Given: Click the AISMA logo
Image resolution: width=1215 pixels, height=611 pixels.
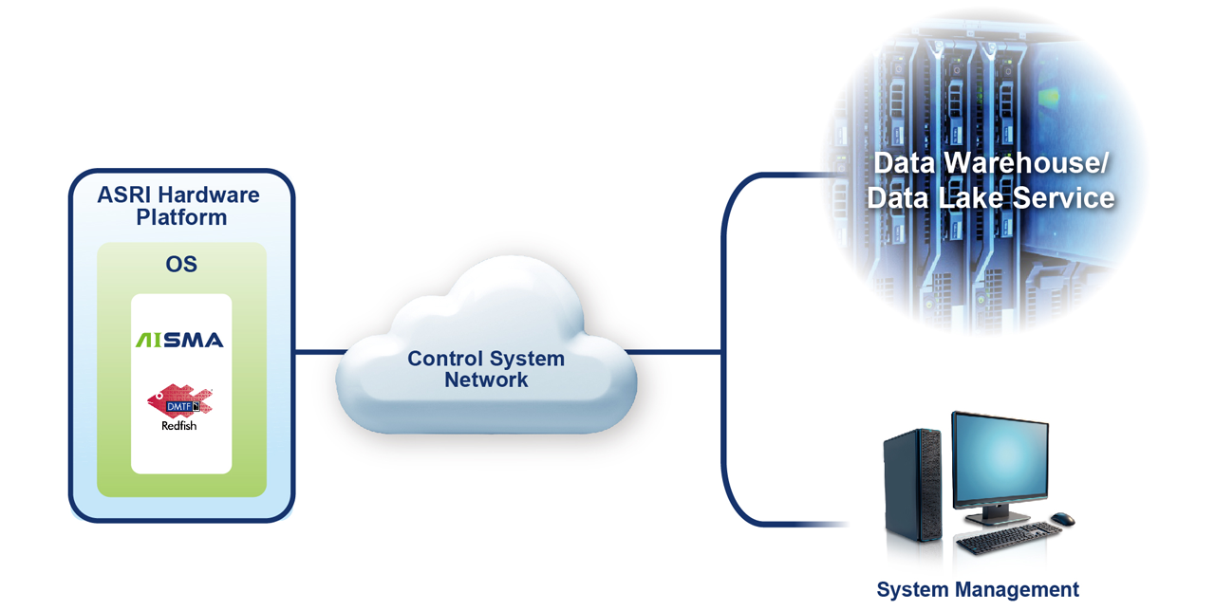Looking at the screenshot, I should (179, 340).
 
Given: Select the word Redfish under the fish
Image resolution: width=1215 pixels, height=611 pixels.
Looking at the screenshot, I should (179, 426).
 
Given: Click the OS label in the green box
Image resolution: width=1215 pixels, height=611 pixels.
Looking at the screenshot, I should (181, 264).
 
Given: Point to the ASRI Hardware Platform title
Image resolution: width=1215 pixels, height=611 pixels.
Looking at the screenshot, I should (179, 206).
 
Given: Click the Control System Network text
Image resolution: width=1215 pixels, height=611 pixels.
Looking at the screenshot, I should (486, 369).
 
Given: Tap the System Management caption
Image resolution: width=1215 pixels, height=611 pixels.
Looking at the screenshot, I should (978, 589).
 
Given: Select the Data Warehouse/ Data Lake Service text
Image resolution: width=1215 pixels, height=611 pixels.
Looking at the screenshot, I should (990, 180).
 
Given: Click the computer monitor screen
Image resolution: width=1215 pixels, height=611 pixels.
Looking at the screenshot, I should (1000, 460).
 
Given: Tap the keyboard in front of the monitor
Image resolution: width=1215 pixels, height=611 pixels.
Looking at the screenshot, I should (1001, 539).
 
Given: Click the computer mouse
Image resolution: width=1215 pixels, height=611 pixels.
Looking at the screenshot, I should (1063, 519).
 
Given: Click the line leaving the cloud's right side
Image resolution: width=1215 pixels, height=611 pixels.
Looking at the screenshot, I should (674, 352).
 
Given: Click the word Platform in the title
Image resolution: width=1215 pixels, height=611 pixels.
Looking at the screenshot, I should (180, 217).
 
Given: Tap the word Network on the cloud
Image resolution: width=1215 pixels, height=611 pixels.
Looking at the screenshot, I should (486, 380).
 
